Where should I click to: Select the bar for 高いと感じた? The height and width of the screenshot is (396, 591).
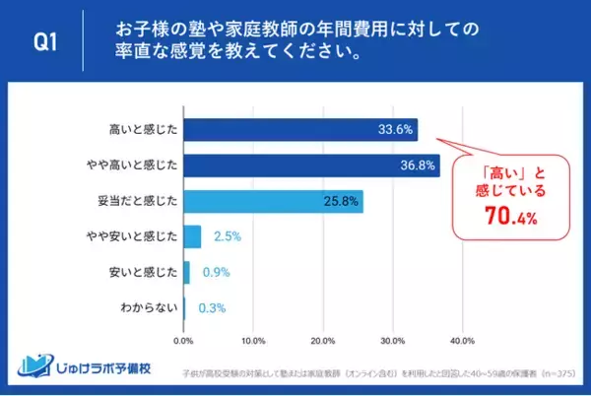pos(300,130)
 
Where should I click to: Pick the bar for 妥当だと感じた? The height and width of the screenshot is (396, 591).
pos(273,202)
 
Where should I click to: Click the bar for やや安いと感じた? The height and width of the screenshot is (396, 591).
pos(192,236)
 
